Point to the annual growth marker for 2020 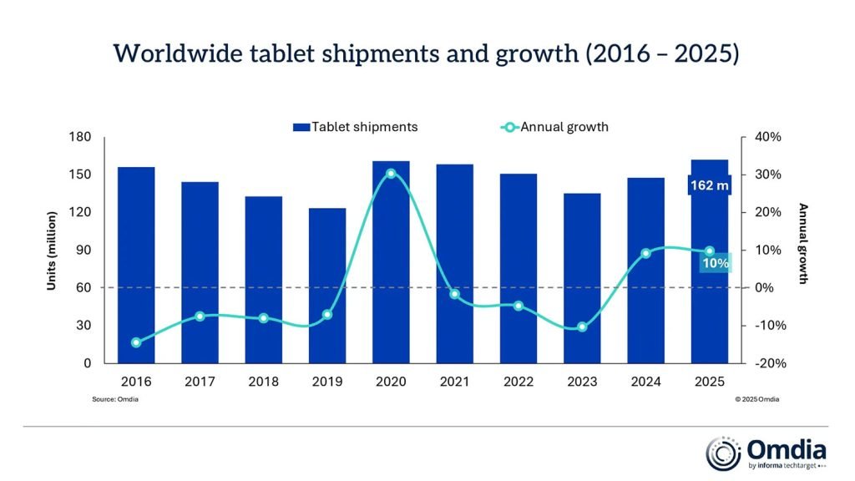pos(391,174)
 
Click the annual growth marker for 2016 pos(136,342)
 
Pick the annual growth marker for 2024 pos(645,253)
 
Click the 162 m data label pos(709,185)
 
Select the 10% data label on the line pos(715,263)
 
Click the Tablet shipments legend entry pos(355,127)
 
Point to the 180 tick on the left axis pos(80,137)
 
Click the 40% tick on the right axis pos(768,137)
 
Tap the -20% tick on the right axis pos(766,363)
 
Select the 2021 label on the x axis pos(454,382)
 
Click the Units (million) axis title pos(51,251)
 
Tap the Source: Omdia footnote pos(115,399)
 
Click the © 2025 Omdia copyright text pos(756,399)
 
